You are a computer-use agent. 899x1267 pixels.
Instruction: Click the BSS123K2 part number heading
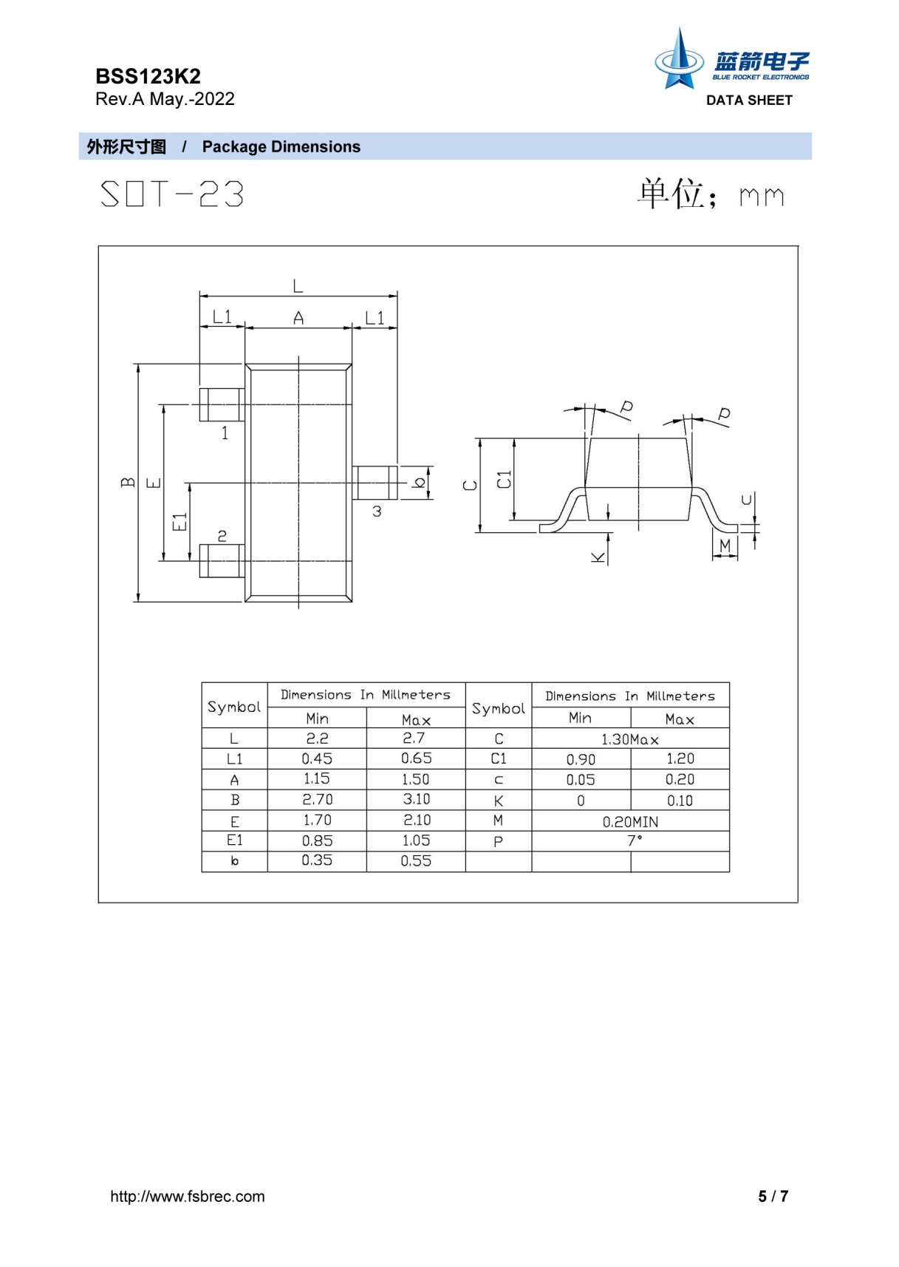click(x=148, y=76)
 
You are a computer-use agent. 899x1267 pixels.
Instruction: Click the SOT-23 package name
click(x=172, y=194)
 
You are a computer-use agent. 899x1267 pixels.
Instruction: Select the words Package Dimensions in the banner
click(x=281, y=146)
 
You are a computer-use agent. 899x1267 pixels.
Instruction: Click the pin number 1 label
click(x=225, y=433)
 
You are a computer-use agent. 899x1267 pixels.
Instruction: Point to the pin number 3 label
click(x=377, y=512)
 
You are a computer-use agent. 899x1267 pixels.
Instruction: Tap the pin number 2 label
click(x=222, y=536)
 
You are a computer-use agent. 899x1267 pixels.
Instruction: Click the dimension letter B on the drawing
click(x=129, y=482)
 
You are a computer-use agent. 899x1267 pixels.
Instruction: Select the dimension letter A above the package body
click(x=298, y=319)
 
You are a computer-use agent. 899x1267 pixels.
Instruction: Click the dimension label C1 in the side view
click(x=504, y=479)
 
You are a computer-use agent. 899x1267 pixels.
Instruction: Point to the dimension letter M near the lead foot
click(x=725, y=546)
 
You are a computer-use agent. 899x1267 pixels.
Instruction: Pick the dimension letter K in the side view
click(x=598, y=557)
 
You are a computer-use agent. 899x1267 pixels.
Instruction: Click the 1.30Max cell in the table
click(x=630, y=739)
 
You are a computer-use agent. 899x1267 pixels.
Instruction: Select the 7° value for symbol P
click(x=635, y=840)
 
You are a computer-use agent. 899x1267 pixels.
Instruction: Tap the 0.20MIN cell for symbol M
click(x=630, y=821)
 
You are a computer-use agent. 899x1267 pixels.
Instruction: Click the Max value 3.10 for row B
click(x=416, y=799)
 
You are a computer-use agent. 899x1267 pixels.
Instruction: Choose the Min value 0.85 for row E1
click(x=317, y=840)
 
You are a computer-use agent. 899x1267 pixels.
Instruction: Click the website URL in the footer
click(x=187, y=1196)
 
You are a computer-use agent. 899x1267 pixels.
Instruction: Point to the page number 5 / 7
click(x=773, y=1196)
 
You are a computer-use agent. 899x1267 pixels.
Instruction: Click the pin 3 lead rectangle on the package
click(x=375, y=483)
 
